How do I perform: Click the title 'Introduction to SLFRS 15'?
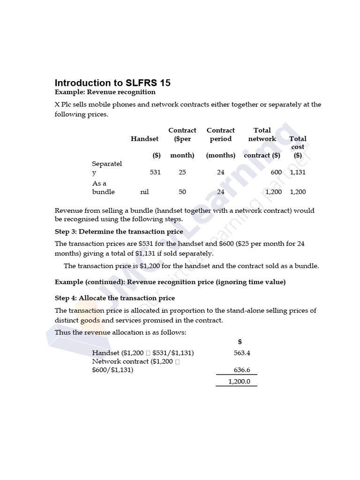tap(112, 83)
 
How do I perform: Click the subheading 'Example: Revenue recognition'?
tap(105, 92)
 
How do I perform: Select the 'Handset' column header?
tap(144, 139)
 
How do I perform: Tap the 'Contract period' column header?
tap(220, 135)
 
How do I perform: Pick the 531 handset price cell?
tap(155, 172)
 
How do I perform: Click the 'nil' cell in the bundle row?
tap(144, 192)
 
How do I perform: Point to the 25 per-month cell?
tap(182, 172)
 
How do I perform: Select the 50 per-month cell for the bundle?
tap(182, 192)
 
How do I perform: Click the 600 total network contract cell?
tap(276, 172)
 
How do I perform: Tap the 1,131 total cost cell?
tap(298, 172)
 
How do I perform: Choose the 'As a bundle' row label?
tap(104, 187)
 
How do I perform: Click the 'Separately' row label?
tap(107, 168)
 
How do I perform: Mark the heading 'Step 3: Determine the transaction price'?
tap(119, 232)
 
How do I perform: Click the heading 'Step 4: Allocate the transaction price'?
tap(115, 298)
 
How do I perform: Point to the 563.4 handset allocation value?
tap(242, 353)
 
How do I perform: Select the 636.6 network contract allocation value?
tap(242, 370)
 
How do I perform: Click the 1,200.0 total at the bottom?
tap(239, 382)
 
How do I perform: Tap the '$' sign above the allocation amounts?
tap(240, 342)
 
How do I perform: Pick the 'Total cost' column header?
tap(298, 142)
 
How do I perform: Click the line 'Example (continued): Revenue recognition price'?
tap(170, 282)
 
